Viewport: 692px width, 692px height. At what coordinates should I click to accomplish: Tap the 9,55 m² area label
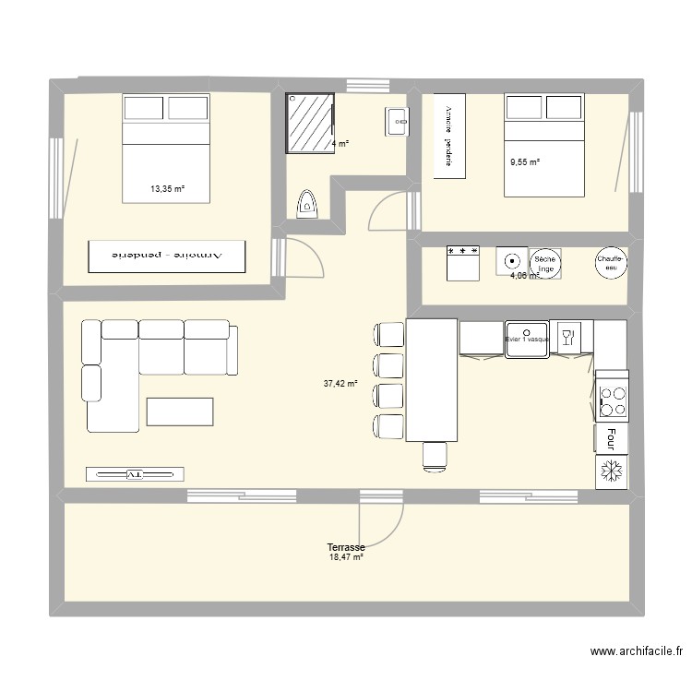click(x=524, y=162)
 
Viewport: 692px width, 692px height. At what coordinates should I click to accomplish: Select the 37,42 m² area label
click(x=340, y=384)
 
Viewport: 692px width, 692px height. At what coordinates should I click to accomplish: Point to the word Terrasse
click(x=346, y=547)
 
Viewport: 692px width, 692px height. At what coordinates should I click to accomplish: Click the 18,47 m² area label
click(x=346, y=557)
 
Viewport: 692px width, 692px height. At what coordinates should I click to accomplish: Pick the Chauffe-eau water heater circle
click(x=611, y=262)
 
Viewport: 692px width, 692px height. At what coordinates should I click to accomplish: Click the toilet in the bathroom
click(x=305, y=205)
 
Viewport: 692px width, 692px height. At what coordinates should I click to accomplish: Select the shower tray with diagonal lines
click(x=309, y=121)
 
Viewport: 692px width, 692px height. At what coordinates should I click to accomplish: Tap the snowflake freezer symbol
click(x=611, y=471)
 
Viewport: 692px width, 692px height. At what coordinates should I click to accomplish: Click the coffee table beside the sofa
click(x=180, y=411)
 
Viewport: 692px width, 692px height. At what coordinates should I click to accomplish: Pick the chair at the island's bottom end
click(x=434, y=454)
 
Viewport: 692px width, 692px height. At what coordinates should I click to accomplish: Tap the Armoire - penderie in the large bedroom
click(x=167, y=256)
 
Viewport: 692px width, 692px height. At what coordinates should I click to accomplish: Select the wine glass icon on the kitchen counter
click(x=567, y=336)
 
